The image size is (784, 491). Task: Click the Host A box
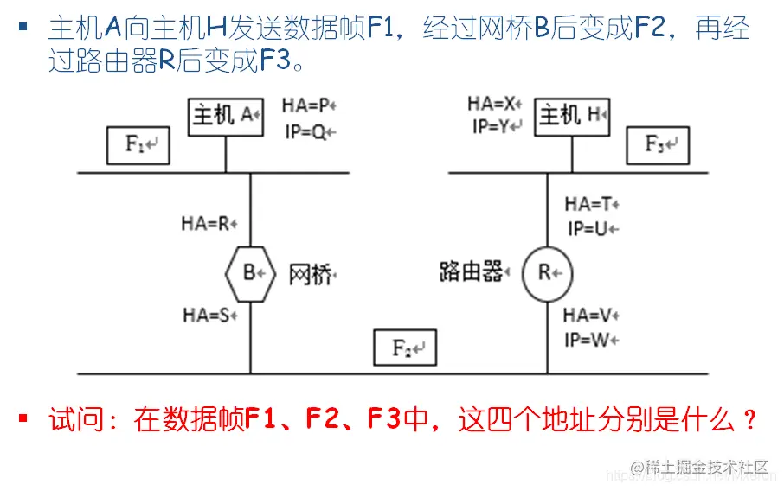pos(226,115)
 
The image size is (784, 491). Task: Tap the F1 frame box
pos(138,144)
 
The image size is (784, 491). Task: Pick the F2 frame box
pos(405,348)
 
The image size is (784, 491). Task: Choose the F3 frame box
pos(659,144)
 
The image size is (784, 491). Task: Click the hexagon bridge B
pos(250,273)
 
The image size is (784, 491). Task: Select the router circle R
pos(547,273)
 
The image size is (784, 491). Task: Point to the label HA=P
pos(308,106)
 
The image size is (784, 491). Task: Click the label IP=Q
pos(308,131)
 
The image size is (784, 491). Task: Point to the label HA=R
pos(209,223)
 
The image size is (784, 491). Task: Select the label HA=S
pos(209,316)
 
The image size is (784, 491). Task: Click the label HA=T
pos(592,204)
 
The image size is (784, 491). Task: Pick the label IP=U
pos(592,229)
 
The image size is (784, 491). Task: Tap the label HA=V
pos(592,316)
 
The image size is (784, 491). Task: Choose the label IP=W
pos(592,340)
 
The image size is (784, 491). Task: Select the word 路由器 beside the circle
pos(472,273)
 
